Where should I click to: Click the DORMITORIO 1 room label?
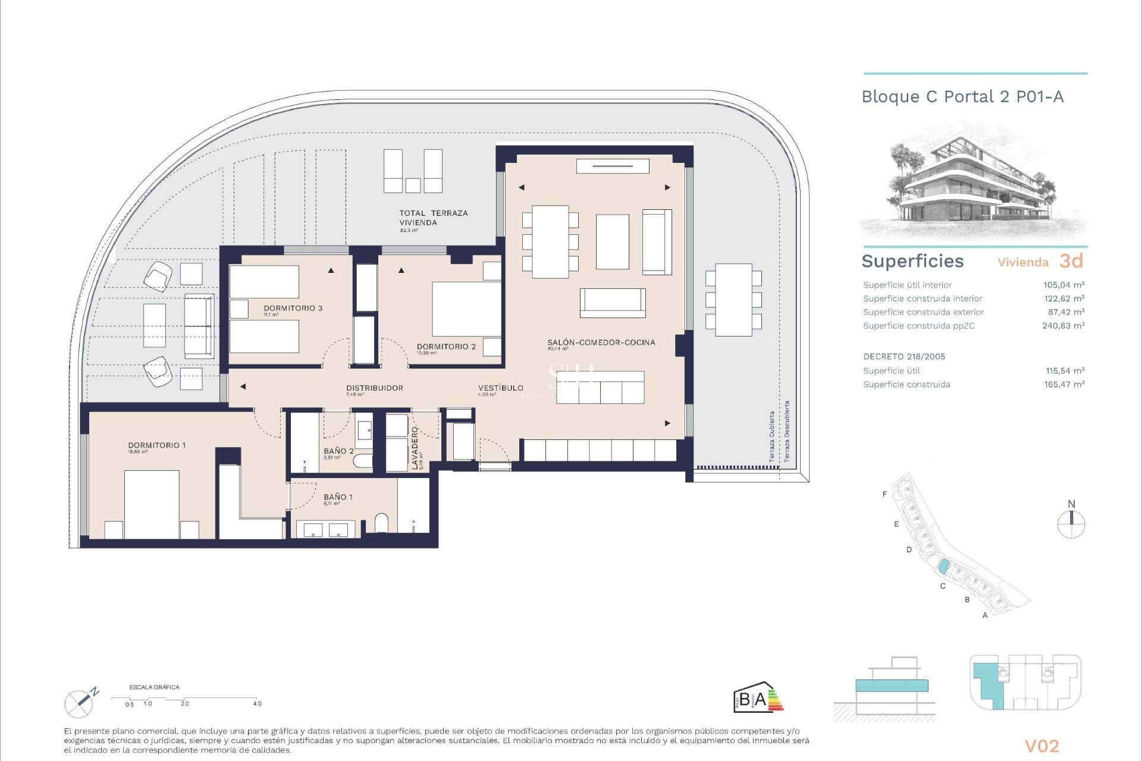pyautogui.click(x=157, y=445)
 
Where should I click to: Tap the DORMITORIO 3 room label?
pyautogui.click(x=293, y=308)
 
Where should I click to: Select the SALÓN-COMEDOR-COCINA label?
pyautogui.click(x=601, y=342)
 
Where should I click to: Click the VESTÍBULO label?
pyautogui.click(x=501, y=388)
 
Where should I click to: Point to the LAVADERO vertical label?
pyautogui.click(x=415, y=448)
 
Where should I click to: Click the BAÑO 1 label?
pyautogui.click(x=338, y=497)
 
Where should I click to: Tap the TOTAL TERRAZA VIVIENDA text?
pyautogui.click(x=433, y=218)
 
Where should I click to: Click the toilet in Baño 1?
pyautogui.click(x=381, y=524)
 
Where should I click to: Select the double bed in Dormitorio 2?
pyautogui.click(x=466, y=309)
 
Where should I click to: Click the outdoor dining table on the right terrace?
pyautogui.click(x=733, y=300)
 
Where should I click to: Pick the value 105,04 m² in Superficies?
pyautogui.click(x=1063, y=285)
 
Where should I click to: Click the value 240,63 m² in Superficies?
pyautogui.click(x=1063, y=326)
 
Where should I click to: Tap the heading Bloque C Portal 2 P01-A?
pyautogui.click(x=962, y=96)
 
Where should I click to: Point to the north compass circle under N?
pyautogui.click(x=1071, y=525)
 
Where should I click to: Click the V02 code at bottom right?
pyautogui.click(x=1041, y=746)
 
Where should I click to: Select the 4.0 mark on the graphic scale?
pyautogui.click(x=257, y=703)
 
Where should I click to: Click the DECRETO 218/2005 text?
pyautogui.click(x=904, y=357)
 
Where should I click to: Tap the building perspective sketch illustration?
pyautogui.click(x=973, y=184)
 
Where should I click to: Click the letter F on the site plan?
pyautogui.click(x=884, y=494)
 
